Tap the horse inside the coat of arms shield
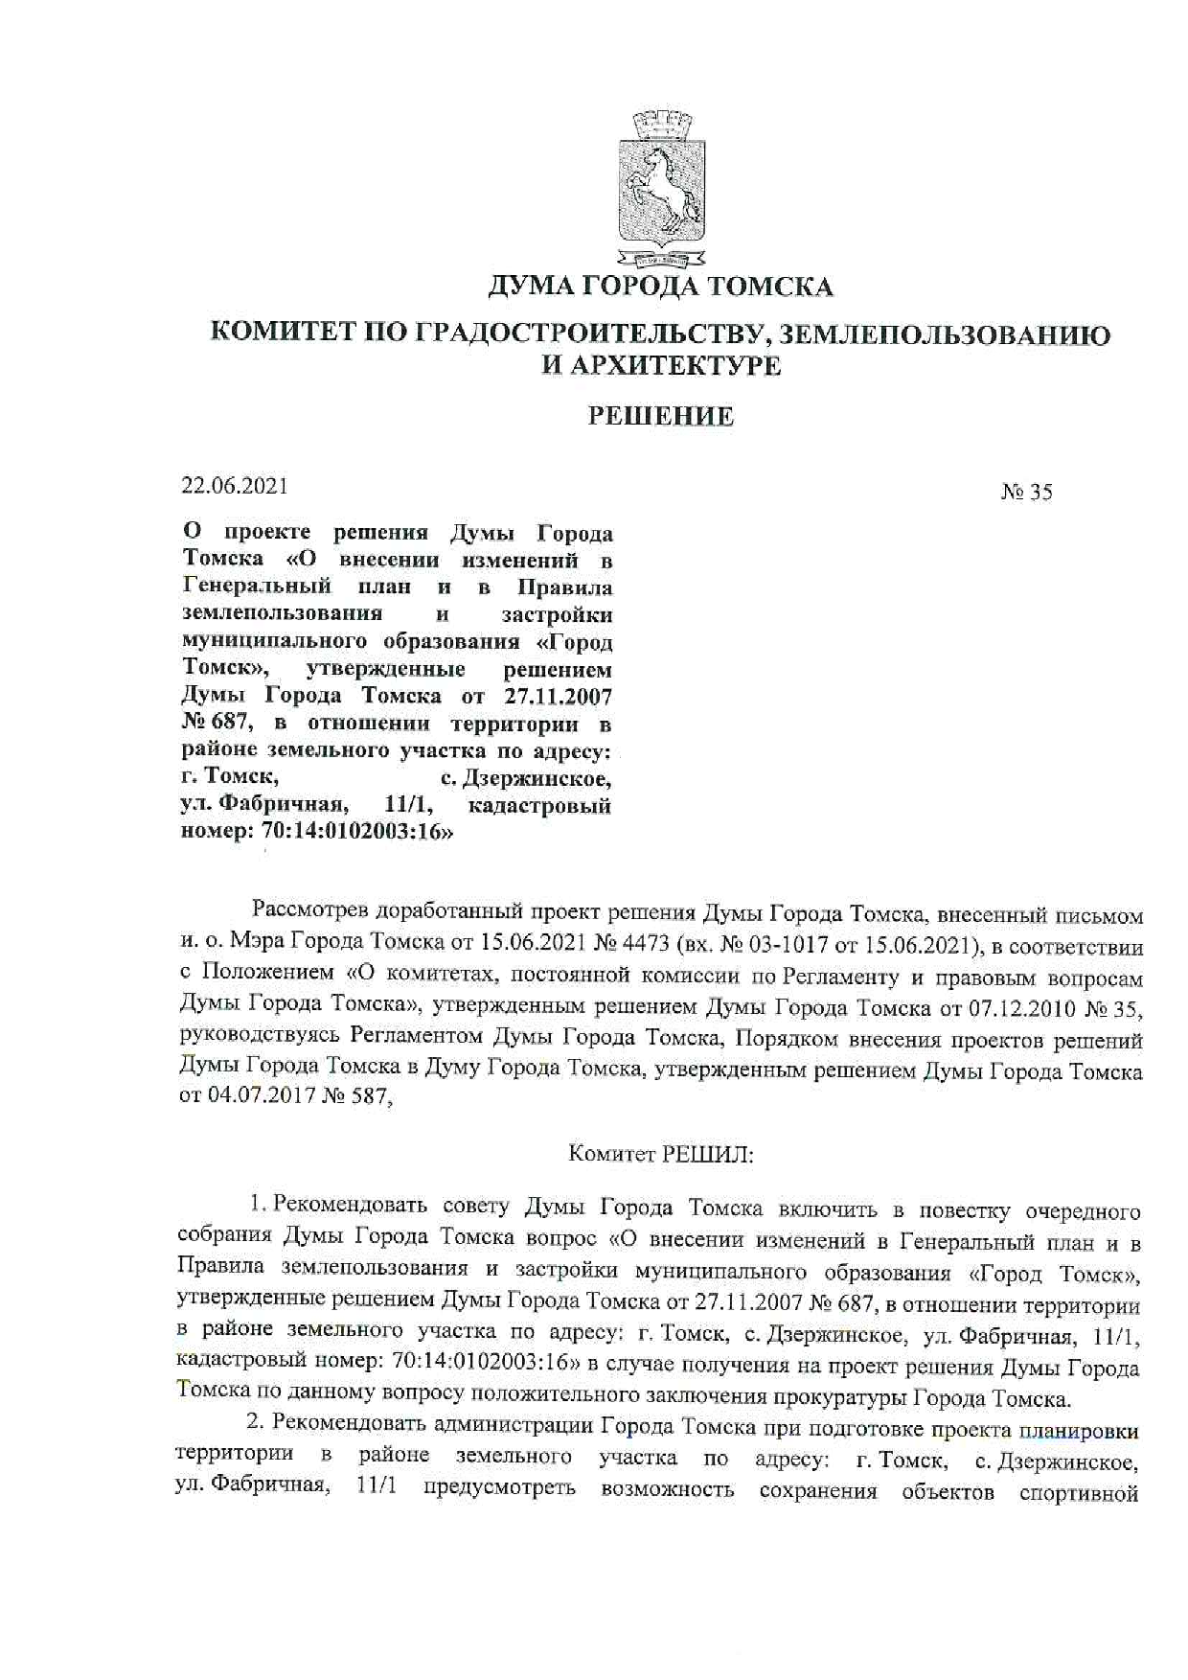[x=659, y=182]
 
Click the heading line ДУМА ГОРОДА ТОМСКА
[x=660, y=287]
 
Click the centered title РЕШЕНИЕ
[x=660, y=416]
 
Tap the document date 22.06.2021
[x=235, y=486]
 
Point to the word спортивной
[x=1079, y=1491]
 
